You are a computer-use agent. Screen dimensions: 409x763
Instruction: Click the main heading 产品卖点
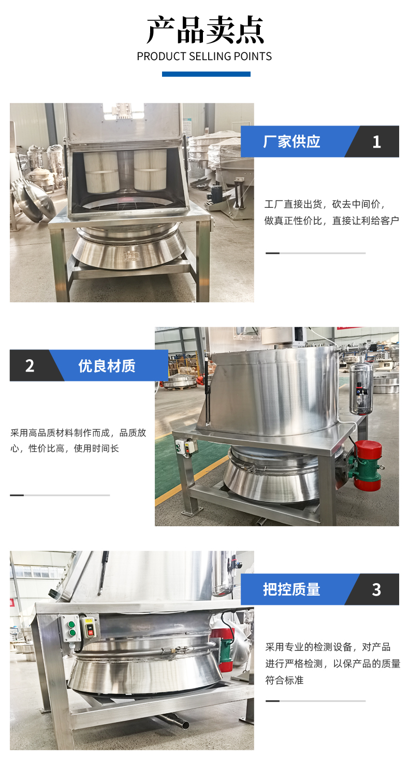(205, 30)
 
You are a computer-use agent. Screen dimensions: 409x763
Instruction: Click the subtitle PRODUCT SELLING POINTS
(204, 56)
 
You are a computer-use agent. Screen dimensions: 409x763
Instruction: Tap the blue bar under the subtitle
(206, 74)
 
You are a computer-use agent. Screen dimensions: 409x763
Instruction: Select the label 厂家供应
(291, 142)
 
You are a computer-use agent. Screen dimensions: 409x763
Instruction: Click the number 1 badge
(376, 142)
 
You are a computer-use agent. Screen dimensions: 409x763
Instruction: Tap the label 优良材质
(107, 366)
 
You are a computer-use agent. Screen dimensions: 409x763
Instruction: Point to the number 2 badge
(30, 365)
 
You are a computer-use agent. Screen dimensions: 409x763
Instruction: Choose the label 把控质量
(291, 589)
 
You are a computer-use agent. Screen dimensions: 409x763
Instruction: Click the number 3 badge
(376, 590)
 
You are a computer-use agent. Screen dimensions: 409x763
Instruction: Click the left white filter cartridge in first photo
(101, 172)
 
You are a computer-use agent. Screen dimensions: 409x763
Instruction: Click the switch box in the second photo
(186, 447)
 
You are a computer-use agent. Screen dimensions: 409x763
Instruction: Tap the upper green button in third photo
(71, 625)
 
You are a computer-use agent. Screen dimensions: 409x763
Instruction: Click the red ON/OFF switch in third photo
(90, 628)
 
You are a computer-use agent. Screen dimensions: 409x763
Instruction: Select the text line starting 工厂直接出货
(325, 204)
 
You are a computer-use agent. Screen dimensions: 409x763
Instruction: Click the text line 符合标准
(284, 680)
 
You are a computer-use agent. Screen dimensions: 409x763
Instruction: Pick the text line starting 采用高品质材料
(78, 433)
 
